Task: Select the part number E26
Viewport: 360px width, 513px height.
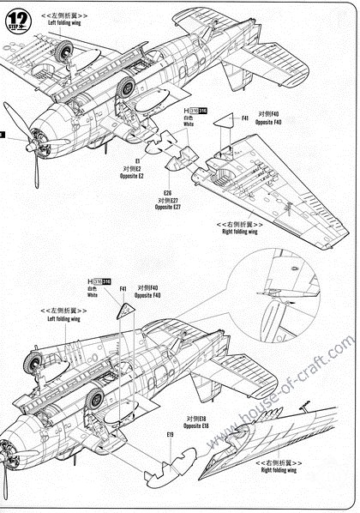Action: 166,193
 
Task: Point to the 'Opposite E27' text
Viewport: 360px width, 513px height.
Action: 168,208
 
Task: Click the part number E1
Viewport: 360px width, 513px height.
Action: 138,160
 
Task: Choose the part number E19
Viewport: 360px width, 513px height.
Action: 171,435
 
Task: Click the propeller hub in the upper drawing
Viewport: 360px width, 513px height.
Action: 32,146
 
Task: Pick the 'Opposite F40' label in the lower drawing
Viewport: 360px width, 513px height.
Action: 148,295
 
